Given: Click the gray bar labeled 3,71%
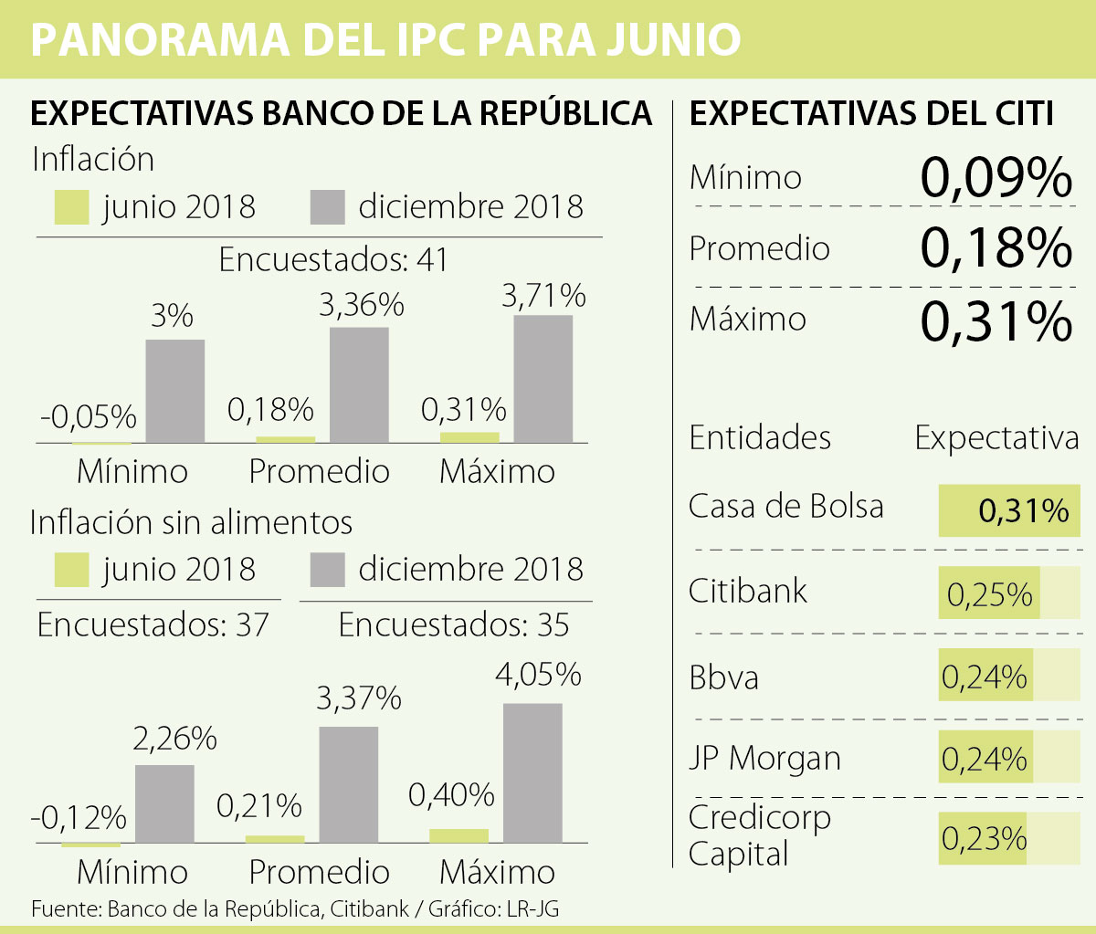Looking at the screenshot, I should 543,379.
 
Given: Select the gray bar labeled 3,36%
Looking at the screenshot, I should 359,384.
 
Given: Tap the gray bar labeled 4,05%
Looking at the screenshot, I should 532,772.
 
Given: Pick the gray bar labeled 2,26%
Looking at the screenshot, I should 164,803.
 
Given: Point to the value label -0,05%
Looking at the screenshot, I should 88,417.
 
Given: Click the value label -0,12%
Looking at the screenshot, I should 79,817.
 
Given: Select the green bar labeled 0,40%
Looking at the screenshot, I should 458,835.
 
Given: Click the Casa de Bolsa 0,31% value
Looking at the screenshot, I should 1023,510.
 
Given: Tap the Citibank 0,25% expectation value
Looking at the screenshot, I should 990,594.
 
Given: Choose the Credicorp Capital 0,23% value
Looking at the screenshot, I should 985,838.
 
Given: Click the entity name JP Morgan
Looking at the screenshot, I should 764,758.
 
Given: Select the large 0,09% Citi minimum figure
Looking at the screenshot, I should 996,177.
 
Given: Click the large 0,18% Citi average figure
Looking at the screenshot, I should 996,247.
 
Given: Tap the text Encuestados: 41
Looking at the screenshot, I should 333,260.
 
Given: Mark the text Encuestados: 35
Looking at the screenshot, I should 453,625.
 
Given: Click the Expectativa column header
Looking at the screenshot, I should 996,438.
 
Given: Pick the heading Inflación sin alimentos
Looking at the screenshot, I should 191,522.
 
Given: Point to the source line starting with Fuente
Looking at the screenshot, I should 295,909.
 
